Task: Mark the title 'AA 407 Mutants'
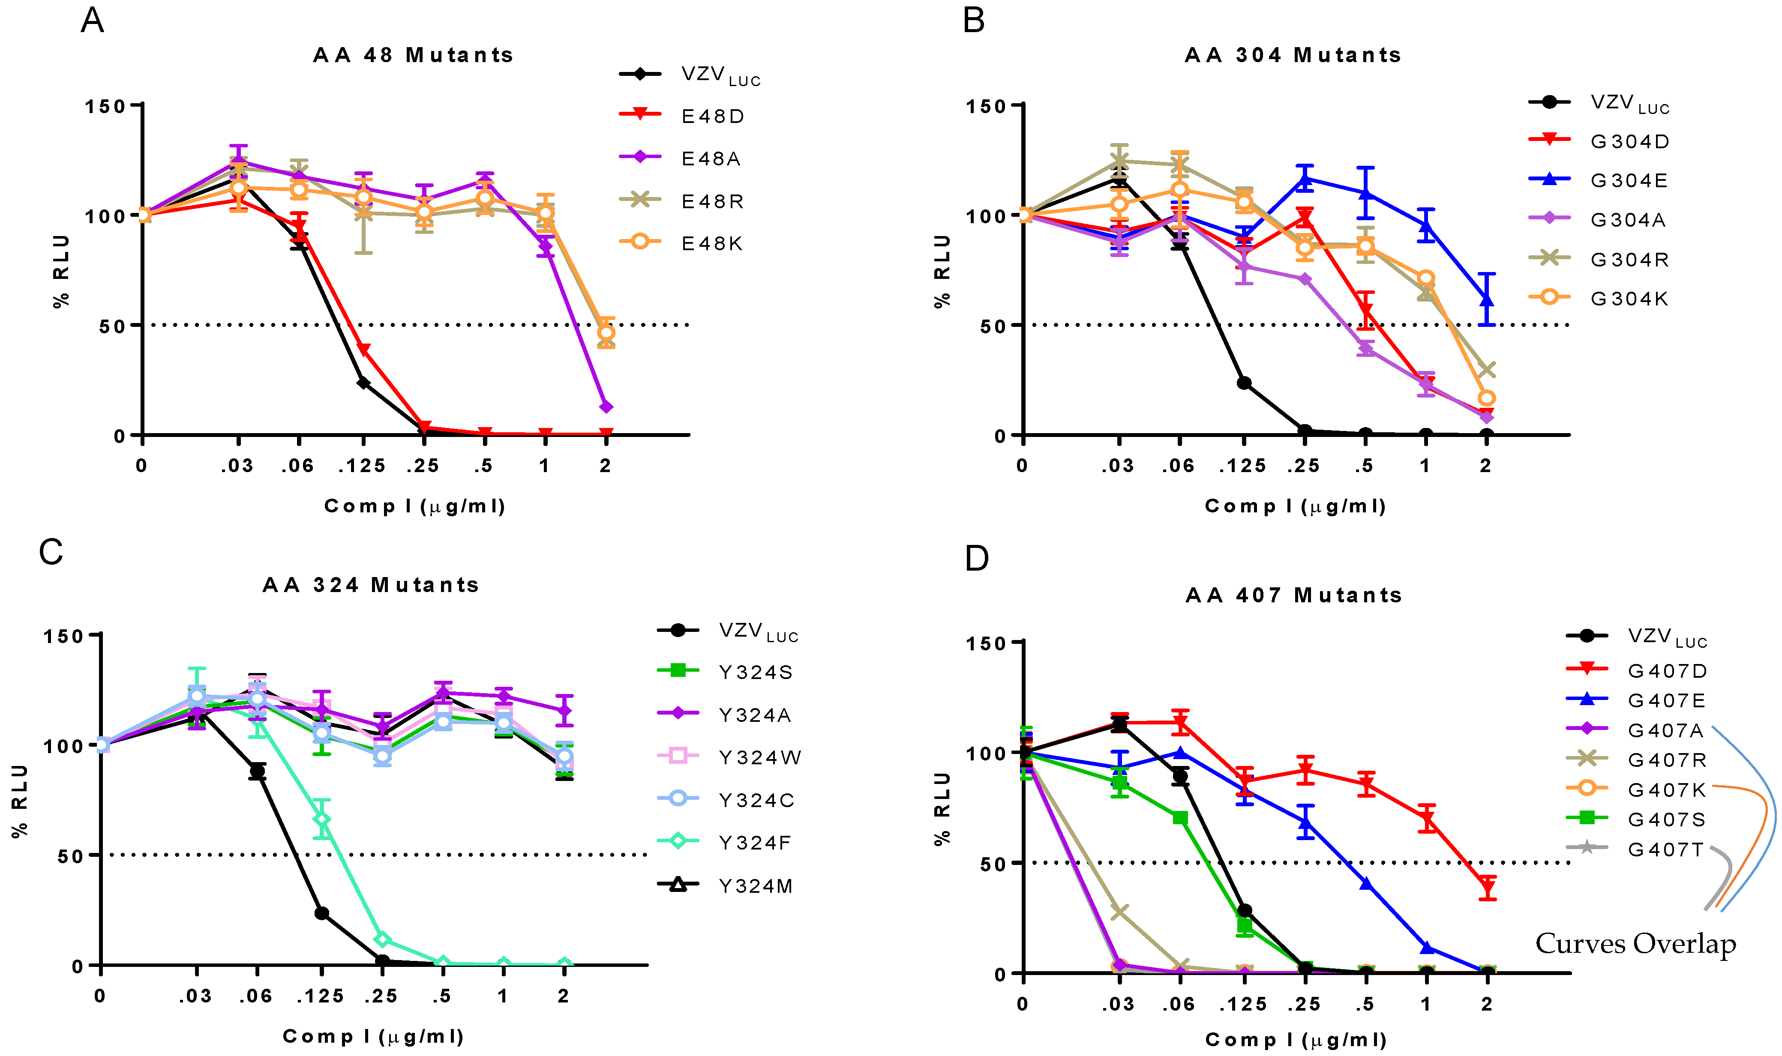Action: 1294,595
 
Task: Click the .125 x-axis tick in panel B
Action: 1242,466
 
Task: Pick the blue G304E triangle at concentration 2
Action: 1486,299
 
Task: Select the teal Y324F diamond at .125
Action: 322,820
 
